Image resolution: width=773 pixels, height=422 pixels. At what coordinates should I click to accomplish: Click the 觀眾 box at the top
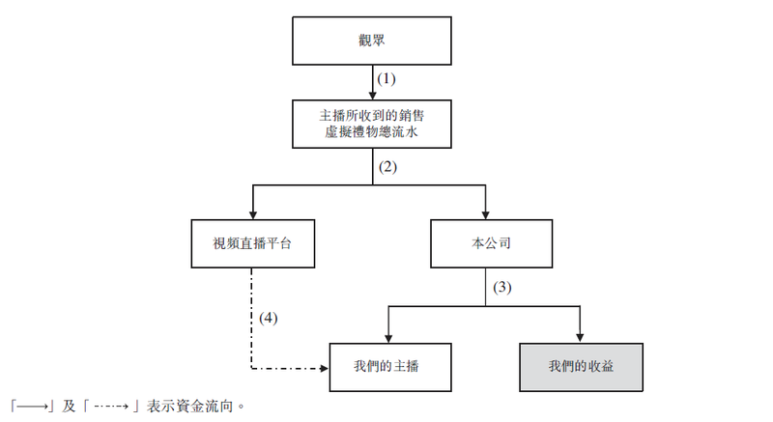[x=372, y=41]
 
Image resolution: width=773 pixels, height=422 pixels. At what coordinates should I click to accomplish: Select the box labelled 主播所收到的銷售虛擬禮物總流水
[x=372, y=124]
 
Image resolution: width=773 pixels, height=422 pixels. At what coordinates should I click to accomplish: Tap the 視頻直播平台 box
[x=253, y=243]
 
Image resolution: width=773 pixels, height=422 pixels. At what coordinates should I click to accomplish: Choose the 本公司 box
[x=492, y=243]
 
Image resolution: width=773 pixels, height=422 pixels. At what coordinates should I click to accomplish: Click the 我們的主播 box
[x=390, y=367]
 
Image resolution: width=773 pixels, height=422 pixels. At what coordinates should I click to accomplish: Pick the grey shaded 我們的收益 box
[x=582, y=367]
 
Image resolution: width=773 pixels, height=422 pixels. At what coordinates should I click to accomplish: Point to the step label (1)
[x=386, y=79]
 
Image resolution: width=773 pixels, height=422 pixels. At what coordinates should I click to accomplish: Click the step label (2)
[x=387, y=167]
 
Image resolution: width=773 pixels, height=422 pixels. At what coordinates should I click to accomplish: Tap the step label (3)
[x=502, y=287]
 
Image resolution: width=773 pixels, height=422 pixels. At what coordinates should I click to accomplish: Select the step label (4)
[x=269, y=318]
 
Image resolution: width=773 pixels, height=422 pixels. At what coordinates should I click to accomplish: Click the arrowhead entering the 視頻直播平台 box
[x=253, y=215]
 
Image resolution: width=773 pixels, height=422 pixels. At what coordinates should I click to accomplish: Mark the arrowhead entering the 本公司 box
[x=486, y=215]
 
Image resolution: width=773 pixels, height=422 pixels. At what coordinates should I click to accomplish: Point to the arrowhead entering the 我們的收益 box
[x=580, y=339]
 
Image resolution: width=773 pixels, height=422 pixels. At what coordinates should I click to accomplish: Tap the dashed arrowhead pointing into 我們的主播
[x=325, y=368]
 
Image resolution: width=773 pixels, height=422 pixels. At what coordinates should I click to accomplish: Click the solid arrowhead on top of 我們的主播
[x=388, y=339]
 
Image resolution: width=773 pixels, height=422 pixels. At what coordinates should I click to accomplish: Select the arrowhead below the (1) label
[x=373, y=96]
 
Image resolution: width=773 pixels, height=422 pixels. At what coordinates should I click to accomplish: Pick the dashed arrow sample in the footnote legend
[x=111, y=407]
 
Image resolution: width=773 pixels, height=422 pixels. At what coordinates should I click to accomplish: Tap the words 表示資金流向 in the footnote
[x=189, y=407]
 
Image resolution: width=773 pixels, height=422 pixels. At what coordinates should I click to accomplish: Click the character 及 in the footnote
[x=69, y=407]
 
